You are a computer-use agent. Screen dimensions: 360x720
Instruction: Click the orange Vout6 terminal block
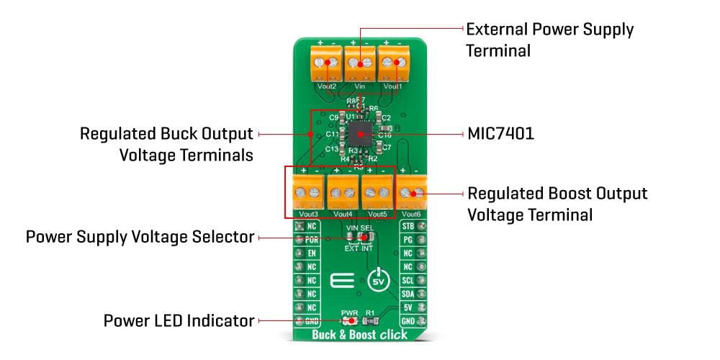[413, 193]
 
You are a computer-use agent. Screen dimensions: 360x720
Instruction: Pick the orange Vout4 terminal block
[343, 193]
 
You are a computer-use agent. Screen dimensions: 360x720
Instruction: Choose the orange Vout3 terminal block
[309, 193]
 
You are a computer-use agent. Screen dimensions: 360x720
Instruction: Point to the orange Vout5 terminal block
[377, 193]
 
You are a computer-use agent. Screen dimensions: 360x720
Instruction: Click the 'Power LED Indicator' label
[179, 320]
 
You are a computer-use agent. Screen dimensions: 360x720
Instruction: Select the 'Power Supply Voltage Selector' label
[140, 237]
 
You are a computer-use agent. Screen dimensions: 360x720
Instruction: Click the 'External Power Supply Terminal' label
[549, 40]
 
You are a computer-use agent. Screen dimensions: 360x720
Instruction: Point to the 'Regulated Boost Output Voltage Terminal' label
[557, 204]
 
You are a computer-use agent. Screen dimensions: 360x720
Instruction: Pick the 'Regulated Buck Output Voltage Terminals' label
[166, 144]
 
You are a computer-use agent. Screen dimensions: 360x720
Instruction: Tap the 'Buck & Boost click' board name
[359, 335]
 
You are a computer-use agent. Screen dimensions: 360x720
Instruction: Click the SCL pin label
[408, 280]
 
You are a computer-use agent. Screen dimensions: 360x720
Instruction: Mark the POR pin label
[312, 240]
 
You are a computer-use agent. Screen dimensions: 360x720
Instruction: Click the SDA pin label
[408, 294]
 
